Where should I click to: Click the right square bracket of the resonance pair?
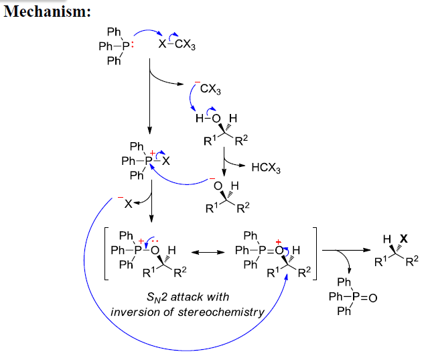316,253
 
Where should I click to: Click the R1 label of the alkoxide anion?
210,208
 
